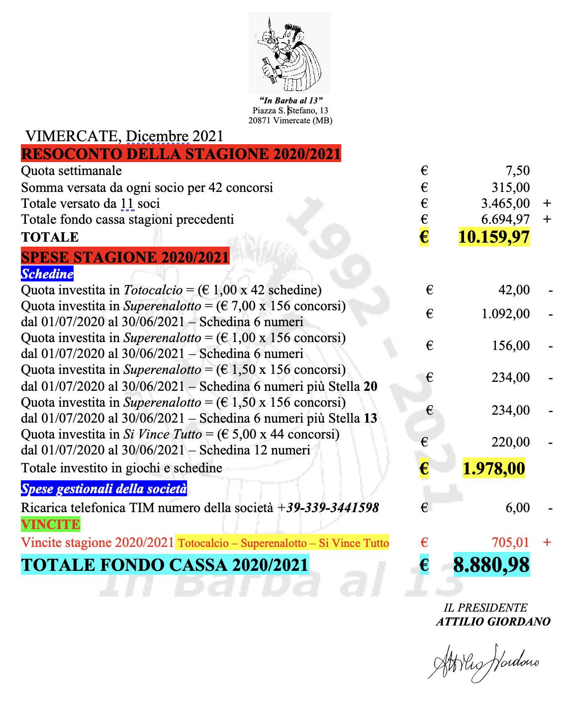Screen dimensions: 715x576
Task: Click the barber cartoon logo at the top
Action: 289,52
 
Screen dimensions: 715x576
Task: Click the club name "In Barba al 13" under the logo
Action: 291,100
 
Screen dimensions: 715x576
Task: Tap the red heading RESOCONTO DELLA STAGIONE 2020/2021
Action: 181,154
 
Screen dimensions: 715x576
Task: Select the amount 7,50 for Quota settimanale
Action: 517,171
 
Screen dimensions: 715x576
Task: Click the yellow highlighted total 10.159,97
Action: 493,237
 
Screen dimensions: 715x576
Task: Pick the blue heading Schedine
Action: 47,273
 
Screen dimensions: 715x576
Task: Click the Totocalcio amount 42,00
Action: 514,290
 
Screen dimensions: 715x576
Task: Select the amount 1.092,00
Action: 505,314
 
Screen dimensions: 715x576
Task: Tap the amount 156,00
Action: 511,346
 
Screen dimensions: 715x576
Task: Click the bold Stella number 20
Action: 371,386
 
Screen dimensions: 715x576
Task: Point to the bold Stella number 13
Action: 371,418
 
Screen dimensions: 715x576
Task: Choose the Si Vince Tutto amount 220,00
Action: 511,442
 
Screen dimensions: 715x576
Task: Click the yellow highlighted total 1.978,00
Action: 493,468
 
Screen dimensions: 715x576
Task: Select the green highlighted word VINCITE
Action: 50,525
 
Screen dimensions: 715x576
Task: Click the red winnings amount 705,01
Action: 510,542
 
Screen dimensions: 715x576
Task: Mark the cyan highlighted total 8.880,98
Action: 491,565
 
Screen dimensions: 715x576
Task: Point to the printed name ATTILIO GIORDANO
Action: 493,622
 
